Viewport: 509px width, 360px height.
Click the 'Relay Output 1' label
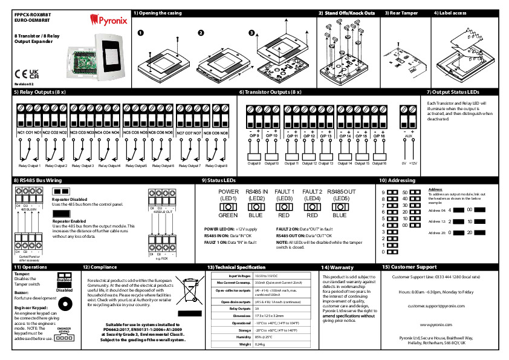click(29, 165)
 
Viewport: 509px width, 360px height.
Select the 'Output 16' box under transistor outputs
click(379, 163)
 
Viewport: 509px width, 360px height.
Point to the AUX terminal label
click(408, 137)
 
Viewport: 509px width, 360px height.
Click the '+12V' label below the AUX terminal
click(413, 163)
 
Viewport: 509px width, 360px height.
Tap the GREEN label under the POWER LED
click(229, 215)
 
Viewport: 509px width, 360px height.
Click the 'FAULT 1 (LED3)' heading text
click(285, 195)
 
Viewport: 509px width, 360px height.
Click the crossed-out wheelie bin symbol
click(190, 292)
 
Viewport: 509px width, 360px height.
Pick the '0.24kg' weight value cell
click(261, 344)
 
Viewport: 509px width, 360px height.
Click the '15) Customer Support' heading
click(409, 267)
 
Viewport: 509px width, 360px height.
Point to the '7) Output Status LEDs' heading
click(453, 92)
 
